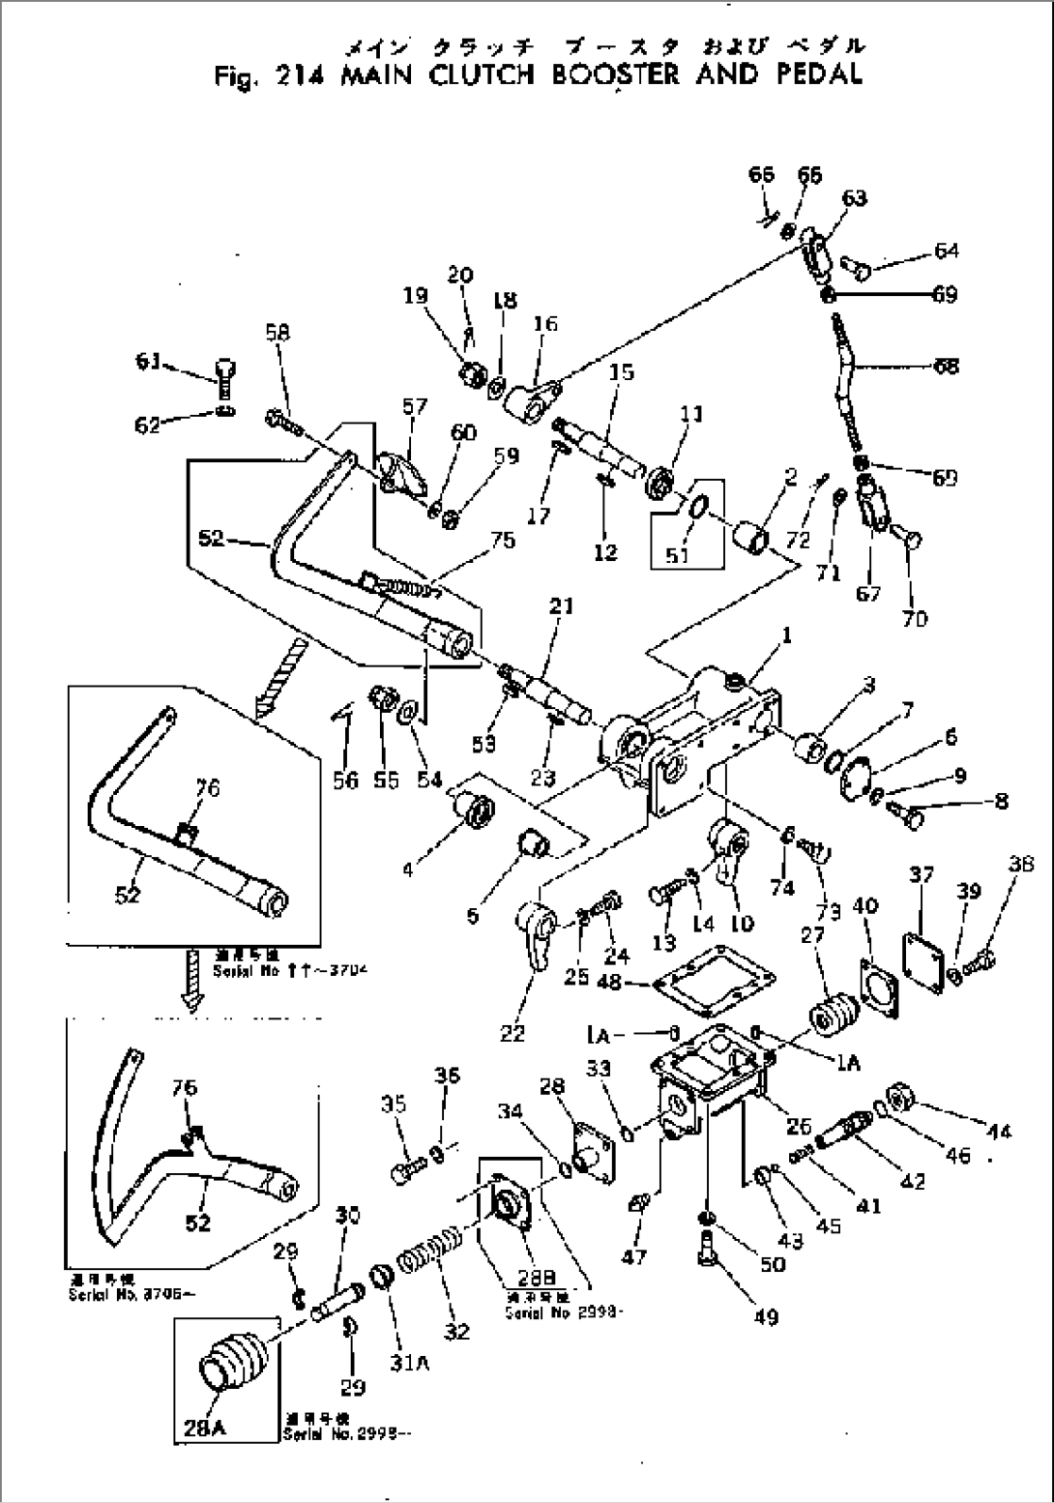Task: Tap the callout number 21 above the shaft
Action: point(562,606)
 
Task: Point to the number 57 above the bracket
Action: point(415,408)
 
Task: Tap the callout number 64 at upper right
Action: point(947,250)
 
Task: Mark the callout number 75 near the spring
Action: point(504,540)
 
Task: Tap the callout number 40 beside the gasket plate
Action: point(866,906)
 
